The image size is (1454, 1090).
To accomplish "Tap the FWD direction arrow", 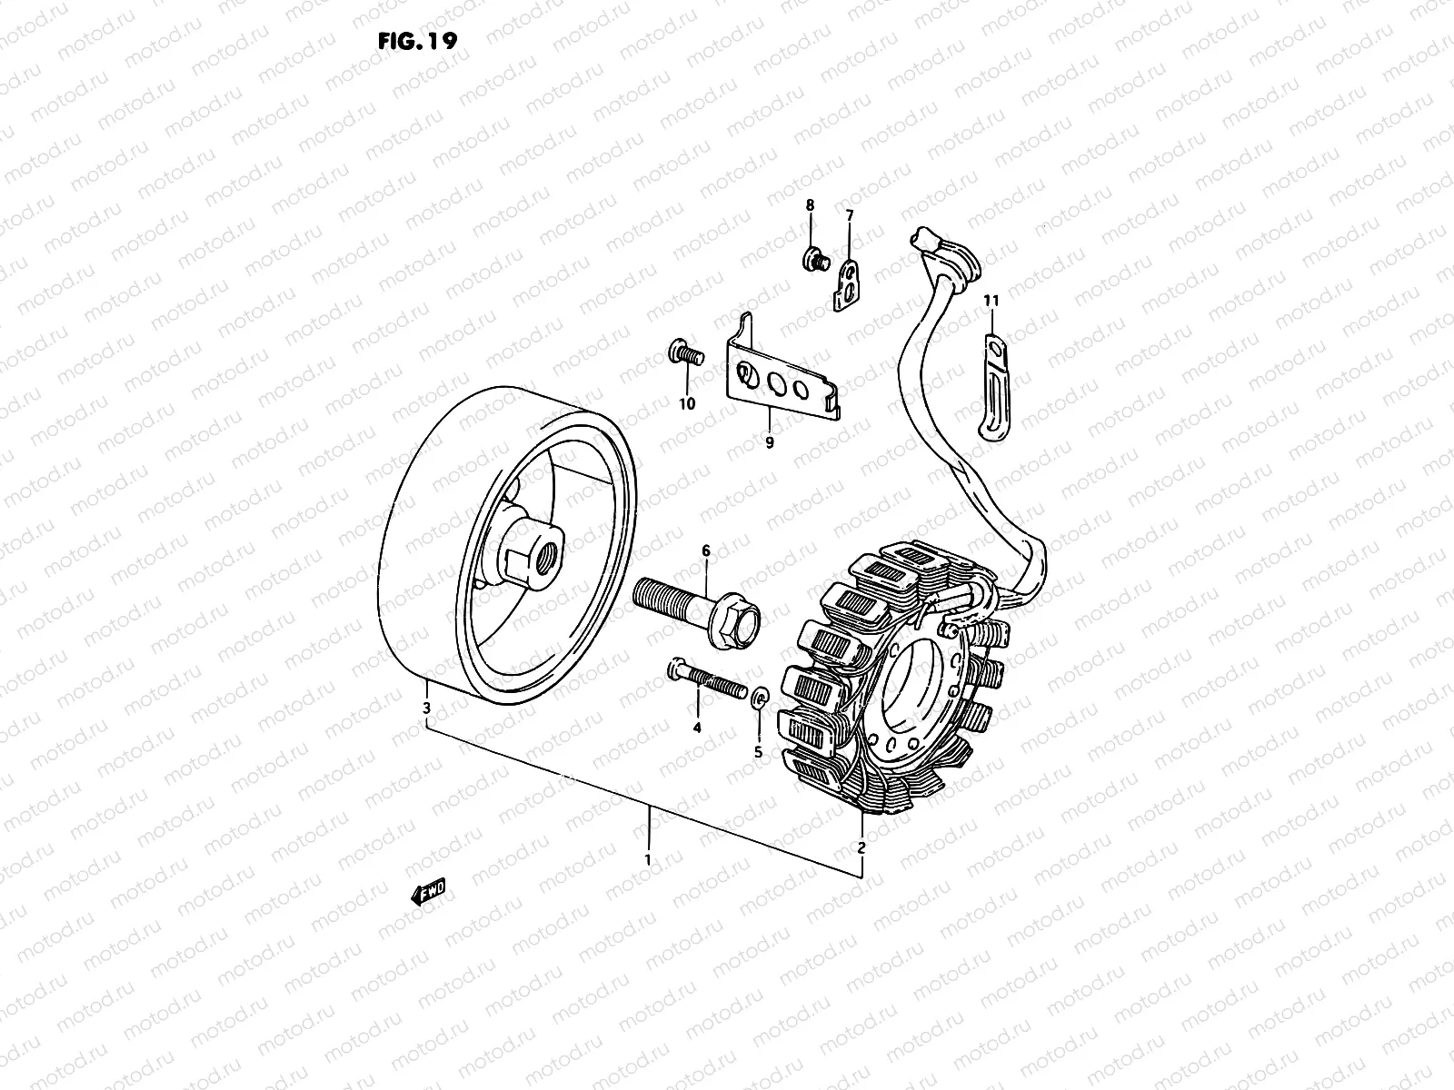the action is pos(429,895).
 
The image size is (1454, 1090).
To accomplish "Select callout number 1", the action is pos(647,858).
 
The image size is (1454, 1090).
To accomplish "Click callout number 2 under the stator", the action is pos(861,847).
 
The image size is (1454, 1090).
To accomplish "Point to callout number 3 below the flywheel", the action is pos(426,707).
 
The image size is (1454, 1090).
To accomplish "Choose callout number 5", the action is pos(759,752).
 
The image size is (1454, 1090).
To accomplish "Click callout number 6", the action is pos(704,550).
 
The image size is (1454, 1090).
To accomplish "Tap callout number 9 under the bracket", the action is pos(769,443).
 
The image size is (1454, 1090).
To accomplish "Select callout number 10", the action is pos(687,403).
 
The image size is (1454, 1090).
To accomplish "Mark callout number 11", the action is pos(991,300).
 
